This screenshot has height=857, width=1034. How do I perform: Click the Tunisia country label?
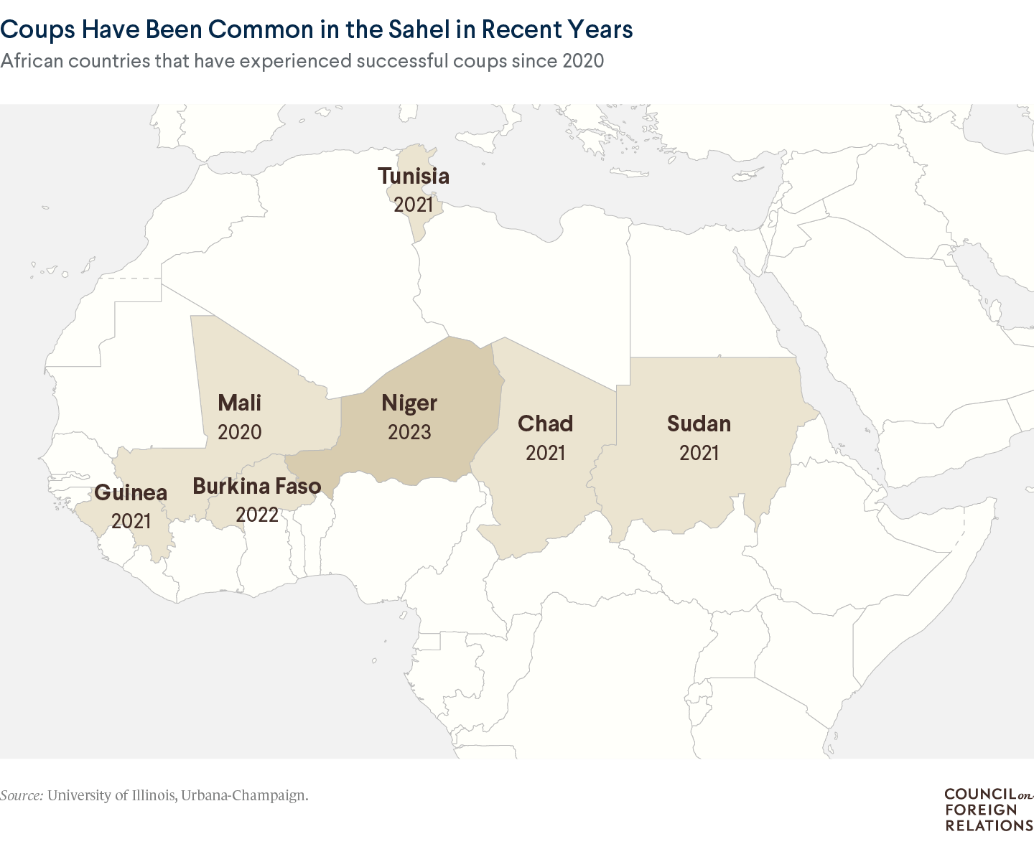[414, 176]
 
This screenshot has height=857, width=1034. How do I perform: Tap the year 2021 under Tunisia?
[414, 205]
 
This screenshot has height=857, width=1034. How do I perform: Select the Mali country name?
[240, 403]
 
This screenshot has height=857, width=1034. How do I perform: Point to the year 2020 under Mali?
[240, 432]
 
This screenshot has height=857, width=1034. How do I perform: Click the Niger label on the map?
[409, 403]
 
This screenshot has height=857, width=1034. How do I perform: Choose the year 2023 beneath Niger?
[409, 432]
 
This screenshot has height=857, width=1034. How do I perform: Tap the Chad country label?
[546, 423]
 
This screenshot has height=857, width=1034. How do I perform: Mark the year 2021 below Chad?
[546, 453]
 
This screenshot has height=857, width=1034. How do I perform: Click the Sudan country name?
[699, 423]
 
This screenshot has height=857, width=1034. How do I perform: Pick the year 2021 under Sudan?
[699, 453]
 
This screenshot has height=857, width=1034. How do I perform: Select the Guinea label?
[131, 492]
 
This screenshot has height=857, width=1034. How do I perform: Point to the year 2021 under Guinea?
[131, 520]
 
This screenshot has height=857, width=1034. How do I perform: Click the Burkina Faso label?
[257, 486]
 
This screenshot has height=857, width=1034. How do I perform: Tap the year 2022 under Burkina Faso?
[257, 515]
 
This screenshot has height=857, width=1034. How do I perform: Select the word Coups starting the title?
[37, 29]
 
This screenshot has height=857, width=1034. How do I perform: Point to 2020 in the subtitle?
[582, 61]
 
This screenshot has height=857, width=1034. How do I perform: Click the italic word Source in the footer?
[22, 795]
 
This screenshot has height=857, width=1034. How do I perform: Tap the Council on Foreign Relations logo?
[988, 810]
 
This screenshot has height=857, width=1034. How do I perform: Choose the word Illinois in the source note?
[149, 795]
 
